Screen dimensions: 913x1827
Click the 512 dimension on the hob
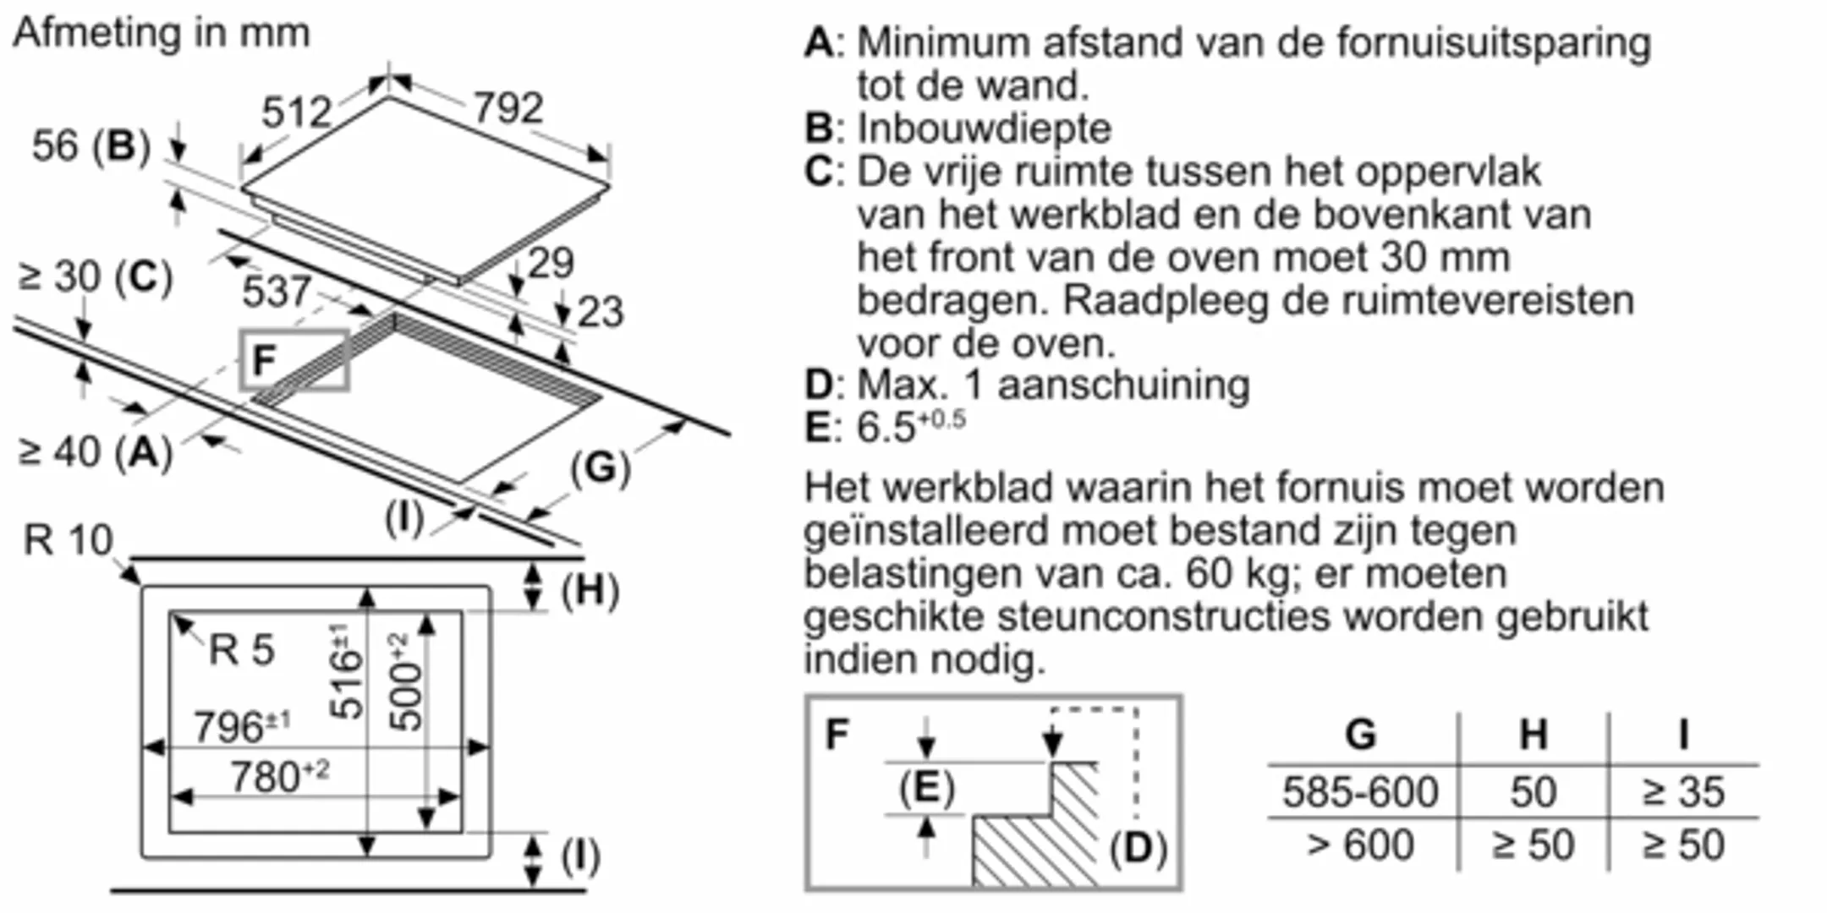[x=296, y=112]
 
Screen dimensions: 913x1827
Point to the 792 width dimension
[x=507, y=108]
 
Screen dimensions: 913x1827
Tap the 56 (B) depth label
[x=91, y=145]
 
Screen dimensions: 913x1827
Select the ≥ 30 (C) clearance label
[x=96, y=277]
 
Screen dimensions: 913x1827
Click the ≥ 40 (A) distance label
[x=96, y=452]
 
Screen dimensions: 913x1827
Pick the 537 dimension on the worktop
[x=277, y=292]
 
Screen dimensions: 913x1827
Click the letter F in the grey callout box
[x=265, y=361]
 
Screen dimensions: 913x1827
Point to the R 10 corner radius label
[x=68, y=539]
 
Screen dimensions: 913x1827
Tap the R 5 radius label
[x=242, y=650]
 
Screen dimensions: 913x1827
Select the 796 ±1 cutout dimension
[x=242, y=727]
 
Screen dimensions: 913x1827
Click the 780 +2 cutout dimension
[x=279, y=777]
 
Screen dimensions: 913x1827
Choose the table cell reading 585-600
[x=1360, y=792]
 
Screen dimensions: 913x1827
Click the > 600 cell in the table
[x=1360, y=845]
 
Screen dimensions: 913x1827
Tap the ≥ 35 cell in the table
[x=1683, y=792]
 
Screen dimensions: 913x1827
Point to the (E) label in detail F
[x=927, y=789]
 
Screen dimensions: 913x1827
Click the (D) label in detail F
[x=1138, y=848]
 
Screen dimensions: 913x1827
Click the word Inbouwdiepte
[x=985, y=128]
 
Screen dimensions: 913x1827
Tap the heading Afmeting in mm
[x=162, y=33]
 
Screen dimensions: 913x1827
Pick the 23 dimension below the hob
[x=601, y=311]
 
